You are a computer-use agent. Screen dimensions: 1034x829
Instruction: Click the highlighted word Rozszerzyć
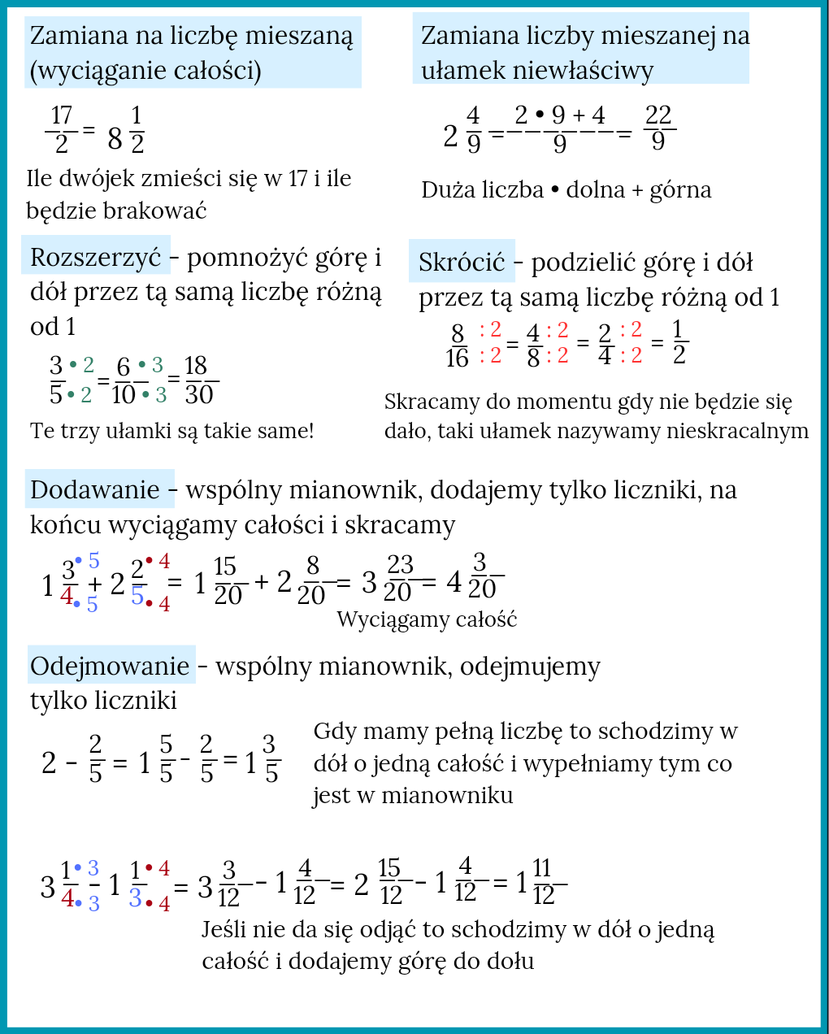(x=96, y=257)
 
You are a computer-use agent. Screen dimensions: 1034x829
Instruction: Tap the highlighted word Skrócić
(x=462, y=262)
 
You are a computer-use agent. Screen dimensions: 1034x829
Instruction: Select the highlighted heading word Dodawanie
(x=95, y=489)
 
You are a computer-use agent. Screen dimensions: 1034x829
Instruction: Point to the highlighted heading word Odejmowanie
(x=110, y=666)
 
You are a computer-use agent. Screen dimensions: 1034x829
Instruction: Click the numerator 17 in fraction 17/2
(x=62, y=115)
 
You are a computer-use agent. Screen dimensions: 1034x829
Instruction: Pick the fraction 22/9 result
(x=658, y=128)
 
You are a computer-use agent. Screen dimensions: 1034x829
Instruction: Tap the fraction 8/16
(x=458, y=345)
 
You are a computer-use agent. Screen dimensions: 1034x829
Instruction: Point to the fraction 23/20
(x=399, y=578)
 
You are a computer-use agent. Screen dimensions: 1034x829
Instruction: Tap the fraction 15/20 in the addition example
(x=227, y=581)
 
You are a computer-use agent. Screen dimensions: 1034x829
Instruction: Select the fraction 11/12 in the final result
(x=544, y=882)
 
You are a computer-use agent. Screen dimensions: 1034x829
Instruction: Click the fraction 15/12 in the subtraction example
(x=390, y=882)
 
